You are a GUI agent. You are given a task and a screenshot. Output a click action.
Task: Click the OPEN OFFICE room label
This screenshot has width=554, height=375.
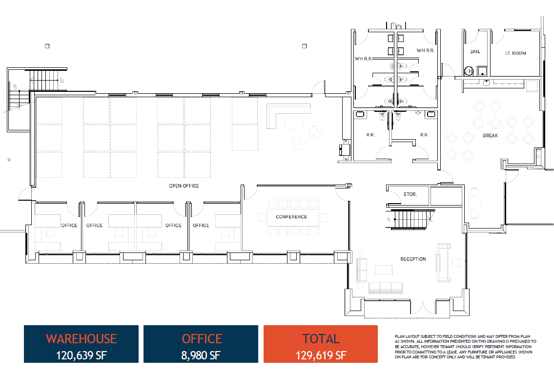click(x=184, y=186)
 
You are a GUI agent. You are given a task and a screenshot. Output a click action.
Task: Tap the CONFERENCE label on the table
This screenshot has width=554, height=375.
click(x=291, y=217)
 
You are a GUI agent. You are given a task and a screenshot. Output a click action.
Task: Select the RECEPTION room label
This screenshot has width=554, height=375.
click(x=413, y=259)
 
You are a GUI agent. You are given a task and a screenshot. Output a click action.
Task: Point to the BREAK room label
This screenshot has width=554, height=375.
click(x=490, y=135)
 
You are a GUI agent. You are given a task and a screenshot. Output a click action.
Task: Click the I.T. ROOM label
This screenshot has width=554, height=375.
click(x=515, y=53)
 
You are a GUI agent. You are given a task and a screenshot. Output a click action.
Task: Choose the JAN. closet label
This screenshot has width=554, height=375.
click(x=475, y=52)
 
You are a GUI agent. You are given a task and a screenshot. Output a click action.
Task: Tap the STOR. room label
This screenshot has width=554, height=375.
click(x=410, y=194)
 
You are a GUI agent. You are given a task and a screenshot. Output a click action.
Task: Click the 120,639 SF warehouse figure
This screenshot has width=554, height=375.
click(x=81, y=355)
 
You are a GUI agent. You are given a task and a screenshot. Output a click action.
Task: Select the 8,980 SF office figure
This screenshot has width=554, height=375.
click(x=201, y=355)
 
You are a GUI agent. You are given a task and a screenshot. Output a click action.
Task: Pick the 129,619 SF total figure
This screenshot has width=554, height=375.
click(x=321, y=355)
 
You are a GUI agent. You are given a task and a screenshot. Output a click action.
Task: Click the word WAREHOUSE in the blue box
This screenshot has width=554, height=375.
click(x=81, y=338)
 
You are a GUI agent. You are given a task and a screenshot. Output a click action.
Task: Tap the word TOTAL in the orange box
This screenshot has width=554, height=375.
click(x=321, y=338)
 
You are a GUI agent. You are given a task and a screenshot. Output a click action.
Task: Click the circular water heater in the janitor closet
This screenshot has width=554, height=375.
click(x=469, y=71)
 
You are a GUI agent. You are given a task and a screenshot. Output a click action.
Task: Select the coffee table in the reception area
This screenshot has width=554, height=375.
click(x=384, y=270)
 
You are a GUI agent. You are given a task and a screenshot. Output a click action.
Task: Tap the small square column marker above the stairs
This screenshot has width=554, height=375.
click(x=47, y=46)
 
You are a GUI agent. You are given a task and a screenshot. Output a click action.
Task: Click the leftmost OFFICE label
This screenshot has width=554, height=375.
click(x=69, y=226)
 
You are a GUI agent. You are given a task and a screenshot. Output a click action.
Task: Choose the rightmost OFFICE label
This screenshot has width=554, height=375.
click(x=201, y=226)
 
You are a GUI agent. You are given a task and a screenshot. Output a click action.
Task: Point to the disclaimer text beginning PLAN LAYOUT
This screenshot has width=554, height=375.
click(x=465, y=347)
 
